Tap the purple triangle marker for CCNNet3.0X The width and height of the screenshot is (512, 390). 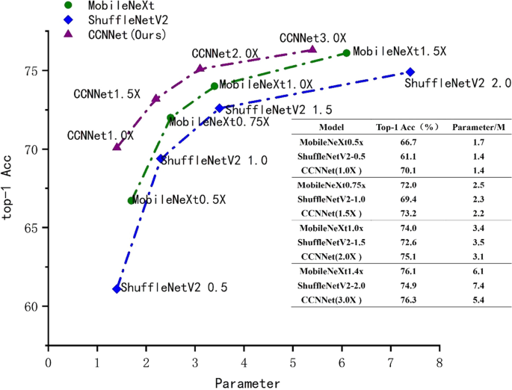312,49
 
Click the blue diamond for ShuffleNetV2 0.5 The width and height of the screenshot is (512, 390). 117,288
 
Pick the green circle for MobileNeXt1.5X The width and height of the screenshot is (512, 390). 347,53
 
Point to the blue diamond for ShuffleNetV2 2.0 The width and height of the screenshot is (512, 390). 410,72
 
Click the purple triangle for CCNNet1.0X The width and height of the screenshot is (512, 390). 117,146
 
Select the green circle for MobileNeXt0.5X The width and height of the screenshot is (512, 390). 132,200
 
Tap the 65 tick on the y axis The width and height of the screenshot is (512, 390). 31,228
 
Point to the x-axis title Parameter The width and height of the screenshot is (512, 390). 247,383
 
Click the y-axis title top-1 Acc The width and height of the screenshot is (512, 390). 10,203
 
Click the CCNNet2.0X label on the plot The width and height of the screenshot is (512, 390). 225,54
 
